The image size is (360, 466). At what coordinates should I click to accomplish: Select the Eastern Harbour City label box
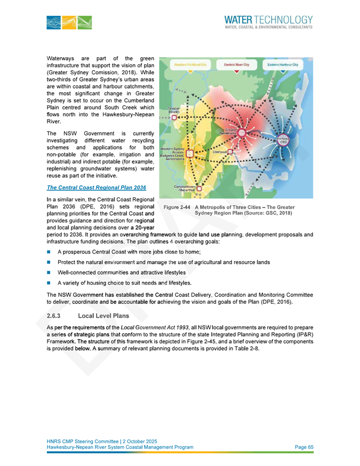[x=283, y=64]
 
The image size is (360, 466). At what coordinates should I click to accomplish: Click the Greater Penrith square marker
[x=174, y=117]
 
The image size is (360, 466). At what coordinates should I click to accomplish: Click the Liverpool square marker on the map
[x=230, y=152]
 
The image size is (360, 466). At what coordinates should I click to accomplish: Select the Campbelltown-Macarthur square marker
[x=199, y=188]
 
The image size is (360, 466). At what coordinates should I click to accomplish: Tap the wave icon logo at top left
[x=69, y=22]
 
